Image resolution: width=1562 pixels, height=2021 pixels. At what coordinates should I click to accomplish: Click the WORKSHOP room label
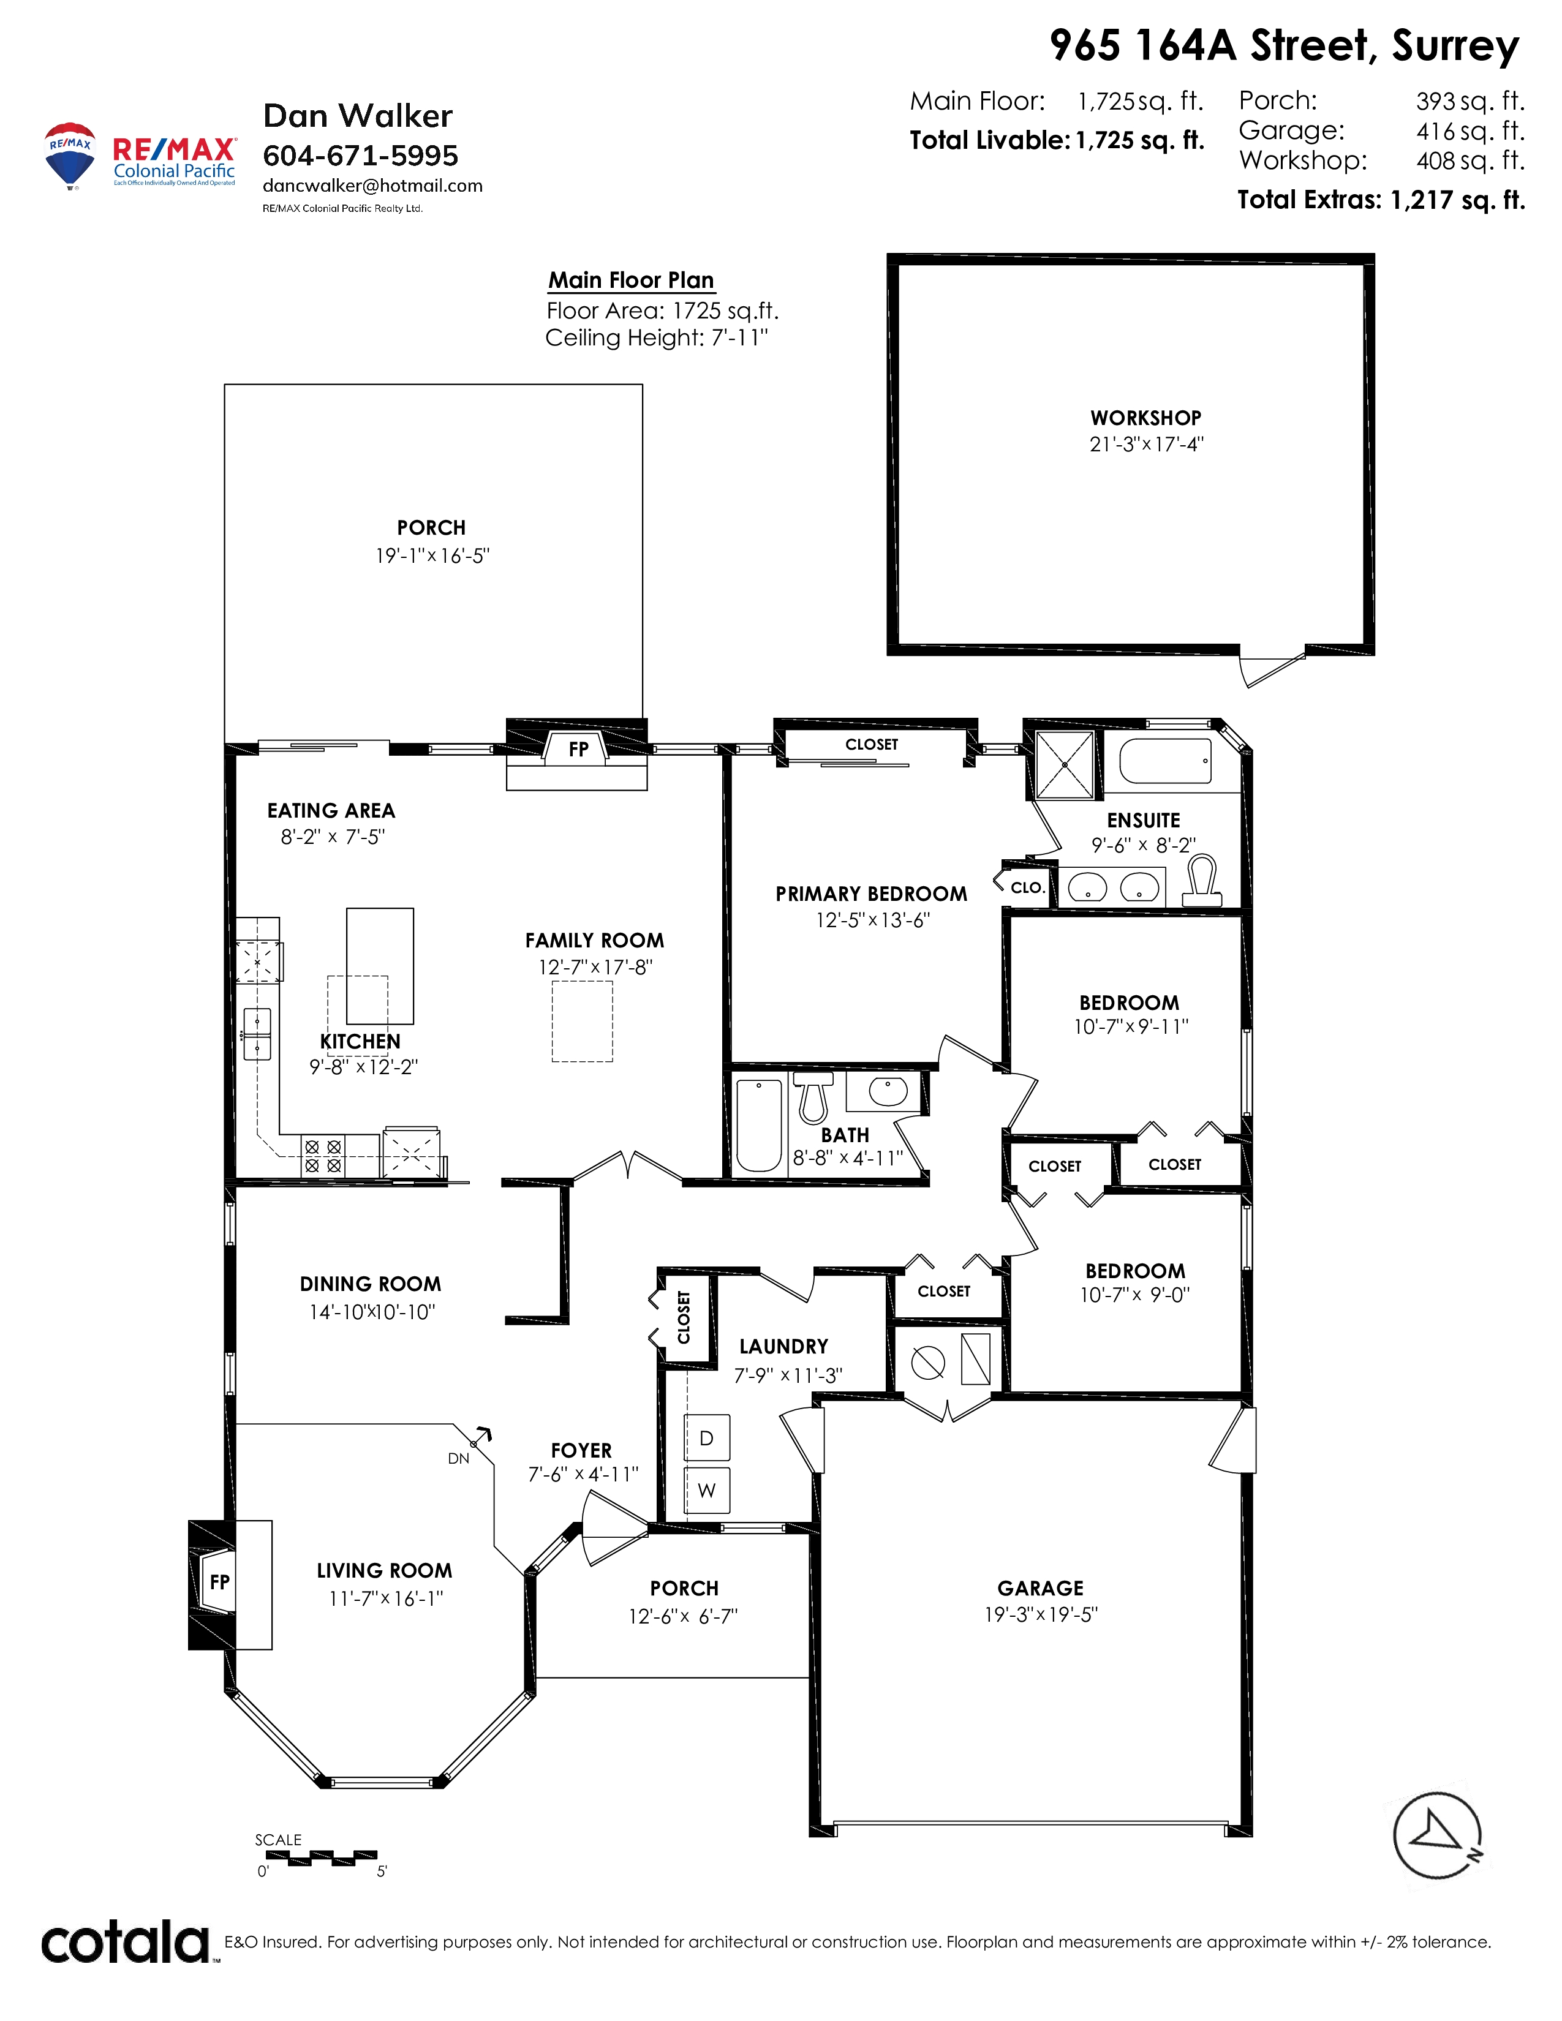pyautogui.click(x=1145, y=418)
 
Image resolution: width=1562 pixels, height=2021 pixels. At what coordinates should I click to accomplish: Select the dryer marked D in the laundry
pyautogui.click(x=707, y=1438)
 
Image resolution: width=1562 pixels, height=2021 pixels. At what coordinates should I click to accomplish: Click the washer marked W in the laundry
pyautogui.click(x=707, y=1490)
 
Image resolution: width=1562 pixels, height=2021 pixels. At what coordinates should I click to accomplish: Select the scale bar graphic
pyautogui.click(x=321, y=1856)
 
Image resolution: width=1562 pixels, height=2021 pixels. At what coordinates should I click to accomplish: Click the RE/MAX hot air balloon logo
pyautogui.click(x=70, y=156)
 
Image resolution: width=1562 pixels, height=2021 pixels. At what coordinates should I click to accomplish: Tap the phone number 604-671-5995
pyautogui.click(x=361, y=156)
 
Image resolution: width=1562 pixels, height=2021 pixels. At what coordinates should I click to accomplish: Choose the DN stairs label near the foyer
pyautogui.click(x=459, y=1458)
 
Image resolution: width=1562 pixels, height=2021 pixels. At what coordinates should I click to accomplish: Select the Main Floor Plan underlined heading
pyautogui.click(x=631, y=280)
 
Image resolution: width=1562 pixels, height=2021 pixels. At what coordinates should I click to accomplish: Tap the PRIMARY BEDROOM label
pyautogui.click(x=872, y=894)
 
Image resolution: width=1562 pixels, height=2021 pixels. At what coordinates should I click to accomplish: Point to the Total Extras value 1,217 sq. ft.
pyautogui.click(x=1457, y=200)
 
